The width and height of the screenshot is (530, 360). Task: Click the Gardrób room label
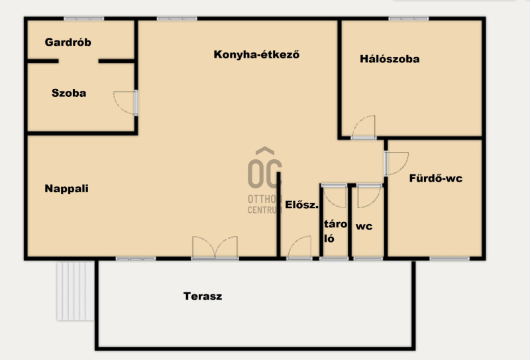68,42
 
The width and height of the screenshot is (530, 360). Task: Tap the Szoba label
69,93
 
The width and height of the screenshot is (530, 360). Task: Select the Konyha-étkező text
256,54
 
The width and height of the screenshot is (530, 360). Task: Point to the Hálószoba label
390,59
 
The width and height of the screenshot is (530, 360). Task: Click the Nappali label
67,188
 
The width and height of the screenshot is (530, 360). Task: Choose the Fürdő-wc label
436,178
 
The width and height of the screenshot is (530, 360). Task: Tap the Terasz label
203,296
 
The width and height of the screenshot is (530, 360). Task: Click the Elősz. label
302,205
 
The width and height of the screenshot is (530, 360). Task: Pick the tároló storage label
335,231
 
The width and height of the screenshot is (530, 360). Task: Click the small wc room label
364,226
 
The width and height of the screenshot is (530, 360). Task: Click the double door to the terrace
215,247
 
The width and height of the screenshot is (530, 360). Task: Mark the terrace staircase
76,291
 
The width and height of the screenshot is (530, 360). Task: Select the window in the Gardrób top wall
84,19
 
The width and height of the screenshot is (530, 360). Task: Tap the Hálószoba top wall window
409,19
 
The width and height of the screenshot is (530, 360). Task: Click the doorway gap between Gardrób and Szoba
78,61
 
